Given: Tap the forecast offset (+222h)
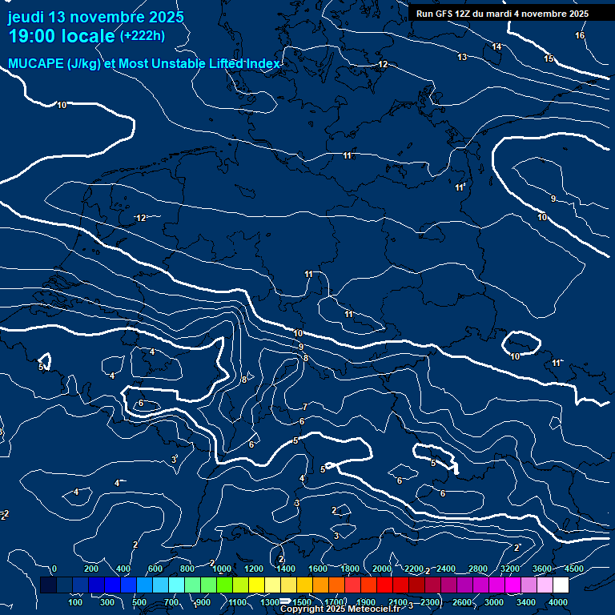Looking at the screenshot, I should click(142, 36).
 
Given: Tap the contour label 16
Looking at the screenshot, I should click(580, 36).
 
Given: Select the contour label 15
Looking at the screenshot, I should click(549, 59).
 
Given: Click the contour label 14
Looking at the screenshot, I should click(496, 47).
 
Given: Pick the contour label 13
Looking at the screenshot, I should click(462, 57).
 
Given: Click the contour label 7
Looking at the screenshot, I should click(304, 407).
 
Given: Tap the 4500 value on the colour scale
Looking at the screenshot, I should click(573, 569).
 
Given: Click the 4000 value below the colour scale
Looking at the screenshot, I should click(558, 602).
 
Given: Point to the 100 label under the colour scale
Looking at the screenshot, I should click(75, 602).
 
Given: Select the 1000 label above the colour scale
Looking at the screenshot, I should click(222, 569).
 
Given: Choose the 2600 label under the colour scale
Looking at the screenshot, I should click(462, 602).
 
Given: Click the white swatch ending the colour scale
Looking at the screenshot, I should click(561, 585).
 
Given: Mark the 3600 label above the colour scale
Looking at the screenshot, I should click(542, 569).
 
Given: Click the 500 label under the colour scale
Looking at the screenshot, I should click(139, 602).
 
